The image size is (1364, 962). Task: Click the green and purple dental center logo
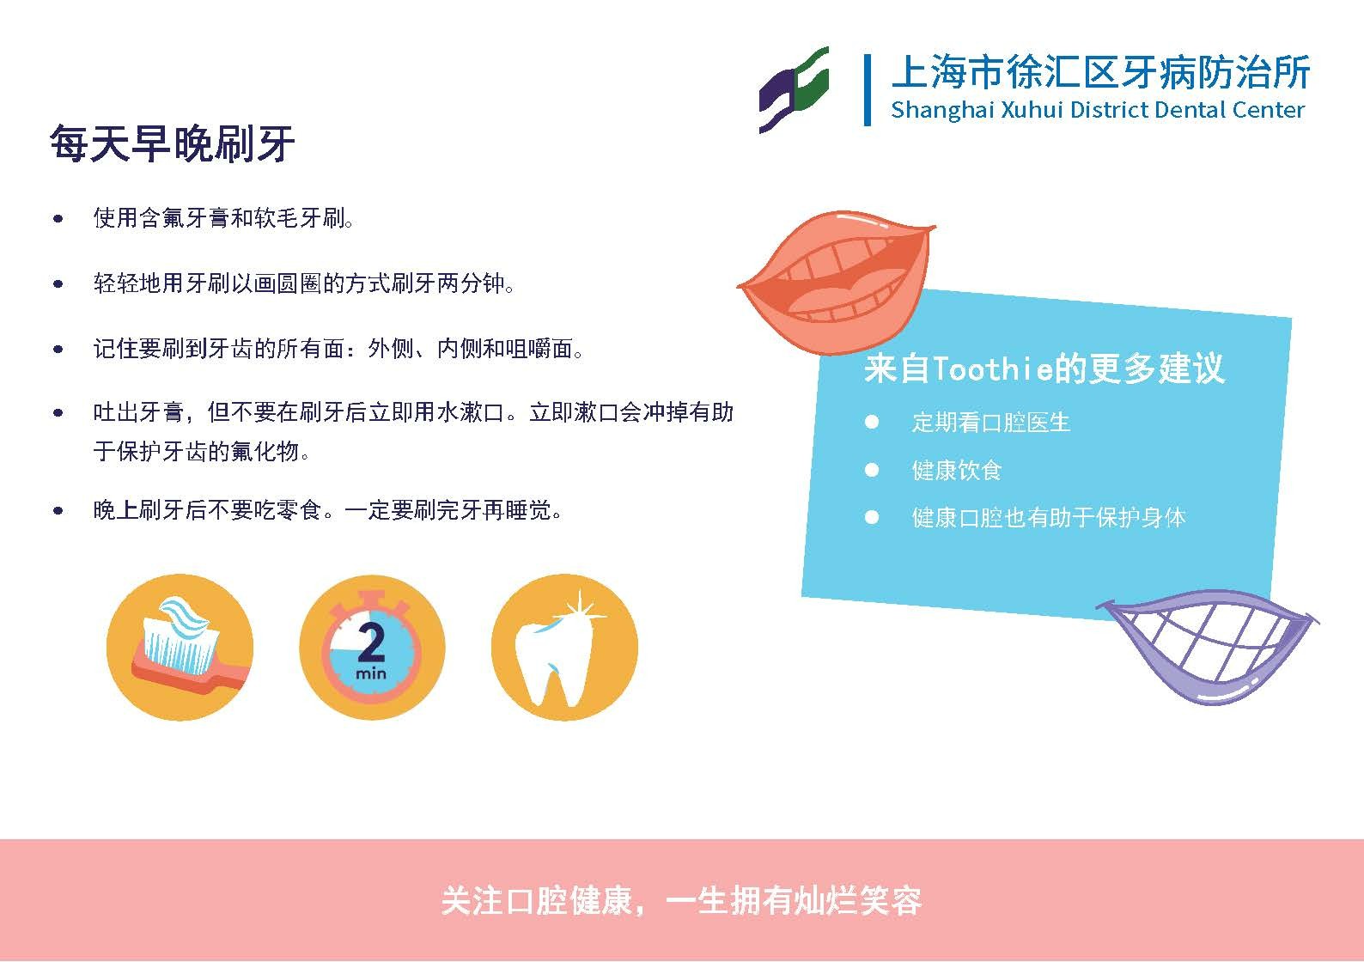pos(794,90)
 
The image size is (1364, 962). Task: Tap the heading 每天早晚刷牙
pos(173,143)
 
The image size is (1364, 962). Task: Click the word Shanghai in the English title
pos(942,110)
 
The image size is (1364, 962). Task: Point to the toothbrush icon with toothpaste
pos(180,647)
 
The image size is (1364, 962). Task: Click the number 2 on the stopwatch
pos(371,643)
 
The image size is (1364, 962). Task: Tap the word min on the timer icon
pos(371,673)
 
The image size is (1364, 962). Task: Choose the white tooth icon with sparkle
pos(564,647)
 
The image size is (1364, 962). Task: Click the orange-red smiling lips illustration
pos(836,282)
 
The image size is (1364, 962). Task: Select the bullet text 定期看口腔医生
pos(990,423)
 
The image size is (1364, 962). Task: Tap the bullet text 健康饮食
pos(957,470)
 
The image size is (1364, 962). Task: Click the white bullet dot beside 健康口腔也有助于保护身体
pos(871,518)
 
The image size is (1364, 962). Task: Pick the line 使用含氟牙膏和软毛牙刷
pos(223,218)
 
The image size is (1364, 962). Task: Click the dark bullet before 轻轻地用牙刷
pos(58,283)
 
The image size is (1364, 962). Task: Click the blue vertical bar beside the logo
pos(868,90)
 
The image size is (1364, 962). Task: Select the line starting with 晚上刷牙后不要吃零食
pos(327,510)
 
